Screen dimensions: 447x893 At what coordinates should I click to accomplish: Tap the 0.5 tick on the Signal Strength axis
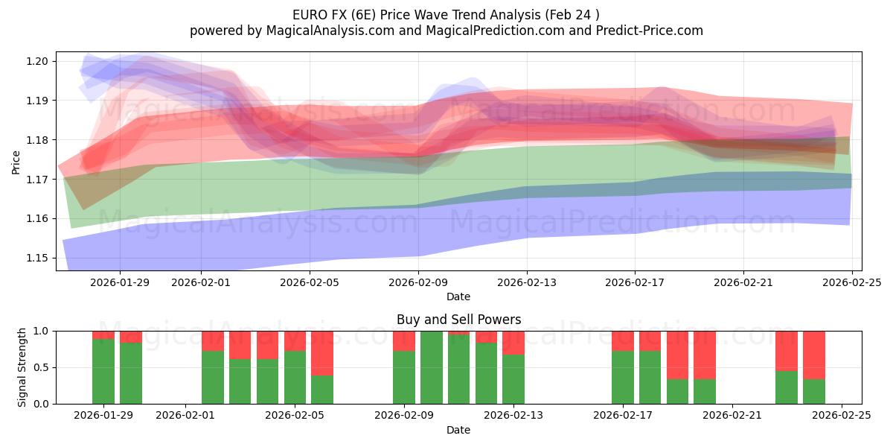tap(41, 367)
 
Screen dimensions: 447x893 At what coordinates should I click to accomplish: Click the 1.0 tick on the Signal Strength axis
tap(41, 331)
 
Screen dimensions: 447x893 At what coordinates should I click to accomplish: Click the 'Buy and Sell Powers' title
tap(458, 320)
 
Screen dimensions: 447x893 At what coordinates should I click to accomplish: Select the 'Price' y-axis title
tap(16, 162)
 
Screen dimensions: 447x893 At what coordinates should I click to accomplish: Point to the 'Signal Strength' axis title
tap(22, 367)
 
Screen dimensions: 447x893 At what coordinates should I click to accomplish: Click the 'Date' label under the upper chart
tap(458, 297)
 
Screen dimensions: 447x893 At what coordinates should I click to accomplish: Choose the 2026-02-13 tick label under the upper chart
tap(527, 282)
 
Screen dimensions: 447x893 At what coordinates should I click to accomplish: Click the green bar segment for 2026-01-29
tap(103, 371)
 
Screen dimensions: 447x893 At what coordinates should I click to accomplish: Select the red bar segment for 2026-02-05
tap(295, 340)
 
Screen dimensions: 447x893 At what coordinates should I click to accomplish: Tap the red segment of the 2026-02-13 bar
tap(513, 342)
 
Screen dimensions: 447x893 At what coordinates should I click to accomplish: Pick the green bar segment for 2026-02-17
tap(623, 377)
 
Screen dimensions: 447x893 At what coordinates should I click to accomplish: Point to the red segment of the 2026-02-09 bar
tap(404, 340)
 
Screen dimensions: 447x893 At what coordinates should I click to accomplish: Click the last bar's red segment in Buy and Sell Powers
tap(814, 355)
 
